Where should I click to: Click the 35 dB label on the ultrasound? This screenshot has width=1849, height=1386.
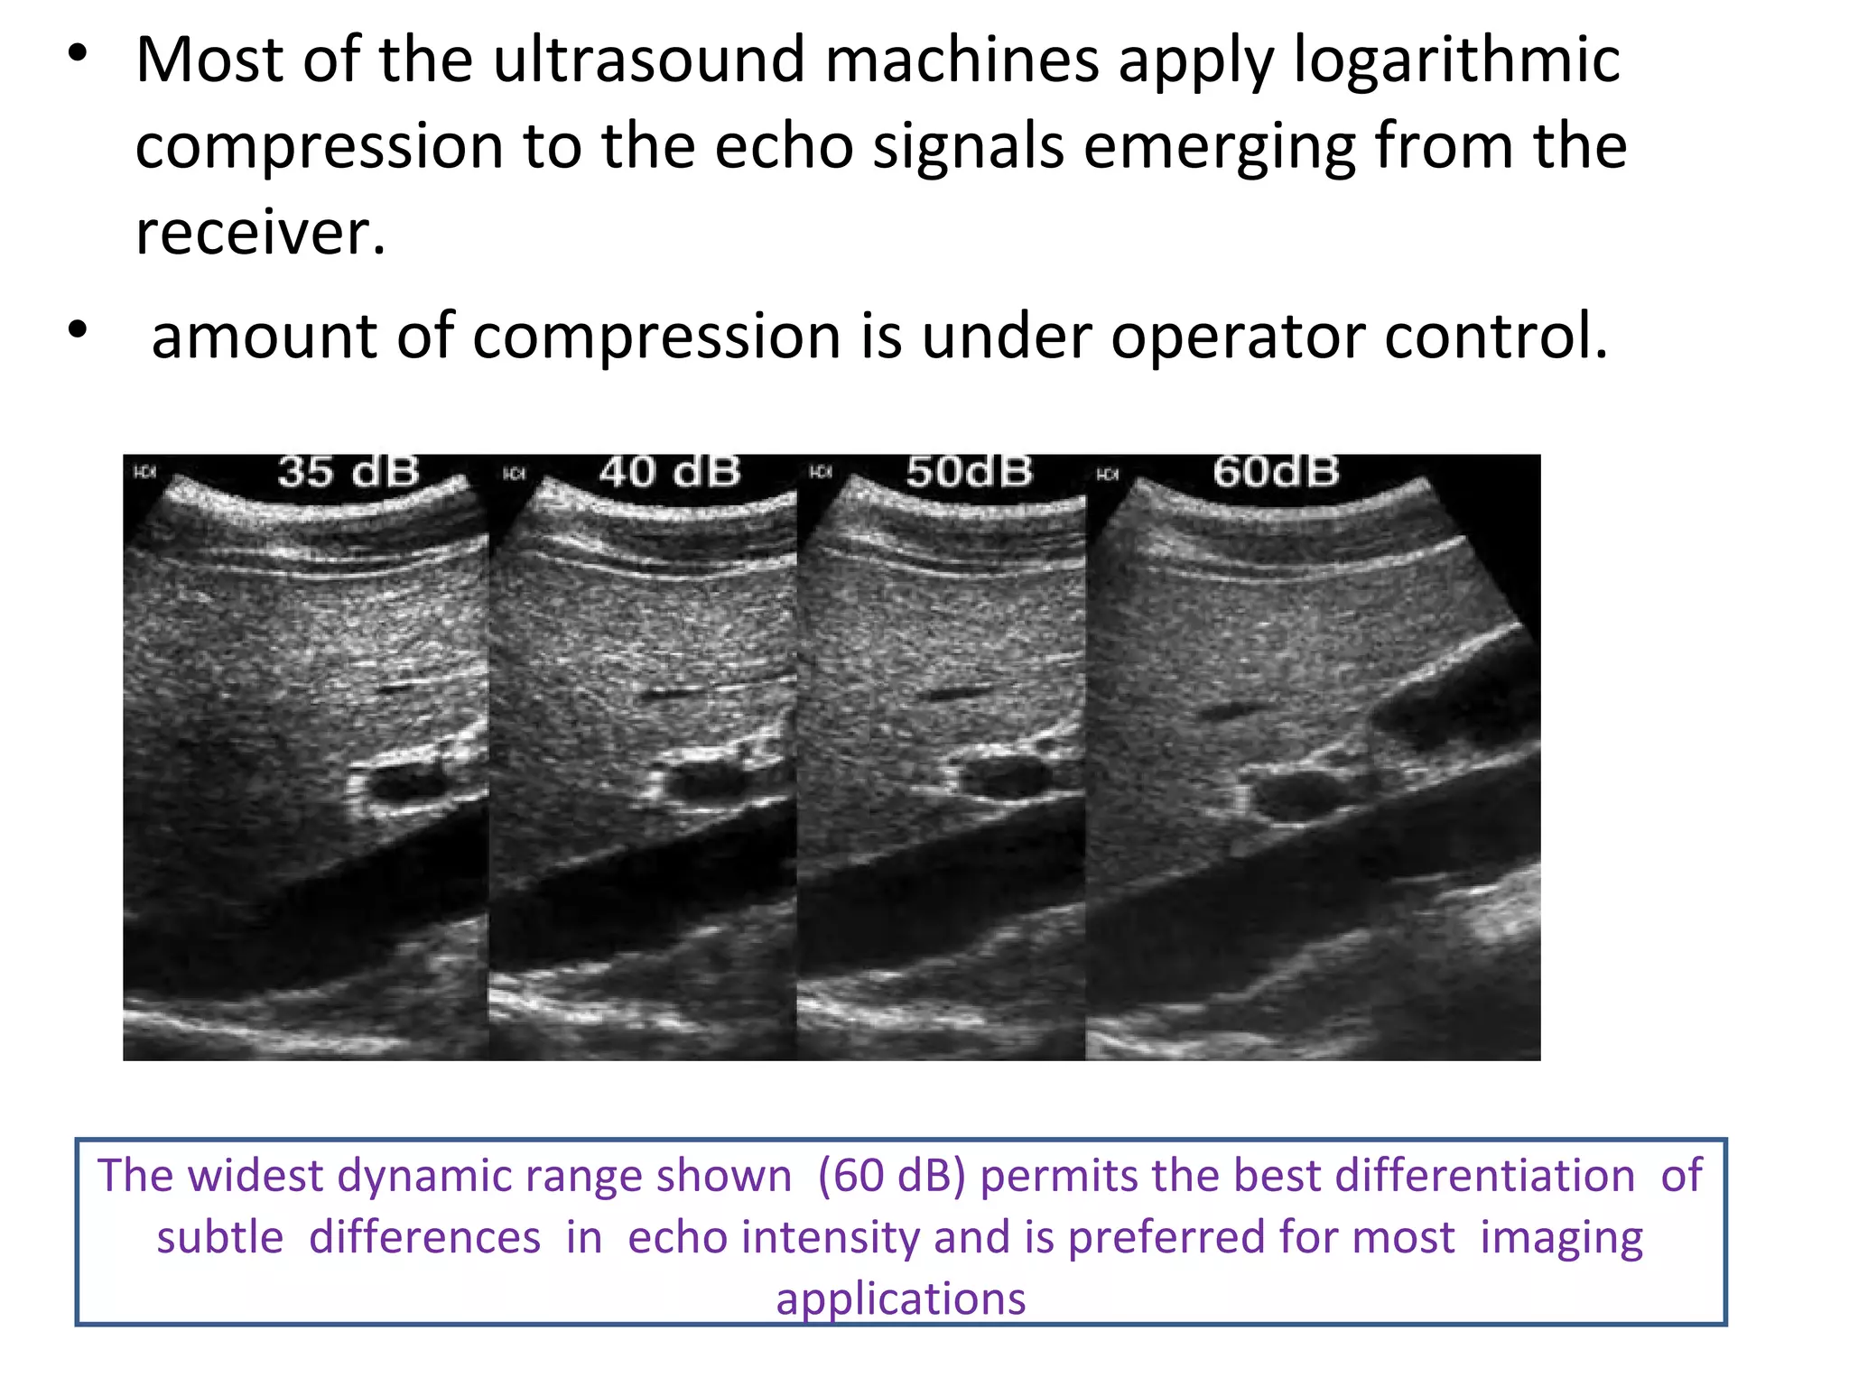(348, 472)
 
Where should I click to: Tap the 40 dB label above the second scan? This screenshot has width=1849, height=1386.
(669, 472)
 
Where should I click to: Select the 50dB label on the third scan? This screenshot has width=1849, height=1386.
(969, 472)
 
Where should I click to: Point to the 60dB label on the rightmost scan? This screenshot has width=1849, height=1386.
(1276, 472)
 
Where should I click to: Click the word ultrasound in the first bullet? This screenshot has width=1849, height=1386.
(648, 60)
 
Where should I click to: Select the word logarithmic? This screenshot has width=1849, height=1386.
(1456, 60)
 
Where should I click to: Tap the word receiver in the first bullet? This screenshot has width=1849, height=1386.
(260, 233)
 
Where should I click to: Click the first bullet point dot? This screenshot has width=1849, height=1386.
(79, 53)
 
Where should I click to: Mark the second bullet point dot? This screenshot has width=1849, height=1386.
(79, 329)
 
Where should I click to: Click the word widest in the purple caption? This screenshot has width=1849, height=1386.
(257, 1176)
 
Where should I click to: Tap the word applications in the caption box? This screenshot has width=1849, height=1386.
(901, 1299)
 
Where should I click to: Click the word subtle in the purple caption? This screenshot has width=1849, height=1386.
(220, 1237)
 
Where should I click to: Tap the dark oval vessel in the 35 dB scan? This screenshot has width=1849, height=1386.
(408, 782)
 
